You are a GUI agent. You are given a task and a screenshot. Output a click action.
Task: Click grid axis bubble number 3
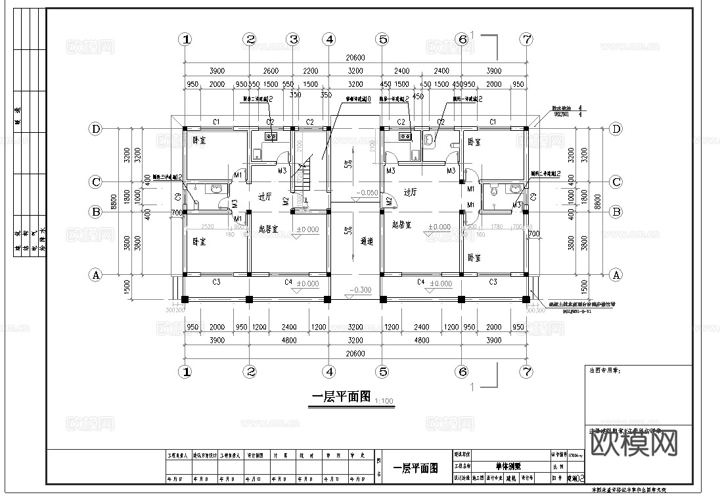pos(294,39)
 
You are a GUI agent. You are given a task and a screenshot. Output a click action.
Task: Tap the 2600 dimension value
pos(271,71)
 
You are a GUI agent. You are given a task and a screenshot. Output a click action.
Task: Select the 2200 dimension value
pos(310,71)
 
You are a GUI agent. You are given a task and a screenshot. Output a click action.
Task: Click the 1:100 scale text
pos(384,400)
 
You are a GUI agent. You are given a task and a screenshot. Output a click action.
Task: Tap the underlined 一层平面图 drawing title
pos(340,397)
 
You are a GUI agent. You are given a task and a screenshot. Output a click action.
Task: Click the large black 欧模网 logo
pos(635,445)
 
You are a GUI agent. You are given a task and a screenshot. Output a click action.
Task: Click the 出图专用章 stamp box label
pos(605,371)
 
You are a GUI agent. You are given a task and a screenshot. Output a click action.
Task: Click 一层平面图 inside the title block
pos(415,468)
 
